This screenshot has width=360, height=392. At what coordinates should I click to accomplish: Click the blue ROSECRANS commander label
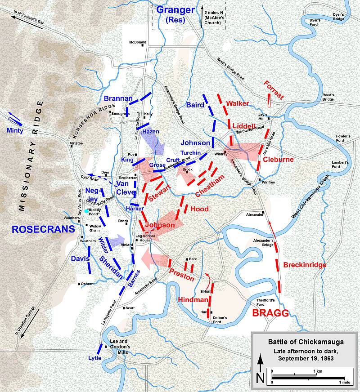[x=43, y=229]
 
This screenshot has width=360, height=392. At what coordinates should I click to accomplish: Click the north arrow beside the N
[x=260, y=364]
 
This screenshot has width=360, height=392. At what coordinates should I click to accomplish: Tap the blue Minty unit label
[x=15, y=130]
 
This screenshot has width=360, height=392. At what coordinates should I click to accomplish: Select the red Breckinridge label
[x=305, y=265]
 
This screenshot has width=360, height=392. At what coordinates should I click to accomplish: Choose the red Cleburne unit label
[x=278, y=159]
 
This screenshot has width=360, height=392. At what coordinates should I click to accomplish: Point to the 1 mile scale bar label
[x=344, y=382]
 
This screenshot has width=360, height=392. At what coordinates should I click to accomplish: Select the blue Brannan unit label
[x=118, y=98]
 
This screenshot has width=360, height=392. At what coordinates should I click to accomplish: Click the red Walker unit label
[x=237, y=103]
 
